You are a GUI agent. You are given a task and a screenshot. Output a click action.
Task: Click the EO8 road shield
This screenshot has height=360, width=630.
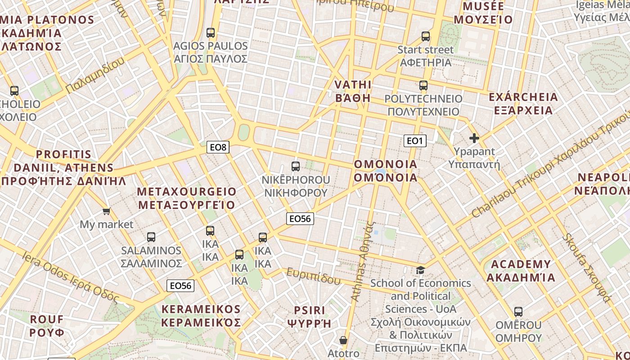(218, 147)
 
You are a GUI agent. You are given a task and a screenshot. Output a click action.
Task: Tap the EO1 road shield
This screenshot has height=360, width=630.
(414, 141)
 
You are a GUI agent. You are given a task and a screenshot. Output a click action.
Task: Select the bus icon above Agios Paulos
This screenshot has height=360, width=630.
(211, 33)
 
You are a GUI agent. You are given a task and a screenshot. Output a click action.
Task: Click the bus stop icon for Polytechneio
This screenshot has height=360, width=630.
(423, 85)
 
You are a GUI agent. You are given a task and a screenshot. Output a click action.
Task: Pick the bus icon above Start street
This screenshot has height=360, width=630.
(426, 36)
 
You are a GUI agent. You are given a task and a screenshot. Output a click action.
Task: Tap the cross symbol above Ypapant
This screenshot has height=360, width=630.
(474, 138)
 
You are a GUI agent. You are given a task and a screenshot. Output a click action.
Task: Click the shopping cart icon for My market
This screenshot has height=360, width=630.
(106, 211)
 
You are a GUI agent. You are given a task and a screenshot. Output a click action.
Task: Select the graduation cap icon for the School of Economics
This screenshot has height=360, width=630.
(420, 270)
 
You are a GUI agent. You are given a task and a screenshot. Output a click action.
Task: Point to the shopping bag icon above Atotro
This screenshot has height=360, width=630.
(343, 340)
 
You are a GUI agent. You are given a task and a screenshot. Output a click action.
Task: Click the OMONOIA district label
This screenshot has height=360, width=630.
(386, 171)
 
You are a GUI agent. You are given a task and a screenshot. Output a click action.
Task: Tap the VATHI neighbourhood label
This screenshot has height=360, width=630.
(353, 91)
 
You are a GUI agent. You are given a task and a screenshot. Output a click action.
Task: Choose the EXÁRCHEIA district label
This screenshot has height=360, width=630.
(523, 104)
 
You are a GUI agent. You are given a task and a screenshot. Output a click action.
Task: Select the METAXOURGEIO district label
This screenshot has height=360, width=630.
(186, 198)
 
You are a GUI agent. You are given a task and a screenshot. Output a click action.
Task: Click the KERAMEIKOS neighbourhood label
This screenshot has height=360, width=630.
(201, 316)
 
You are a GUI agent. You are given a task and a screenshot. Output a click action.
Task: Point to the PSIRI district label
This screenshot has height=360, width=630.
(309, 317)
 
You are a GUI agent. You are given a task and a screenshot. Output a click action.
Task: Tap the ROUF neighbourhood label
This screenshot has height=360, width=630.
(47, 326)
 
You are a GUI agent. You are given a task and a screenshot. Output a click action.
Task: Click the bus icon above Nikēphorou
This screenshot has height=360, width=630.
(296, 166)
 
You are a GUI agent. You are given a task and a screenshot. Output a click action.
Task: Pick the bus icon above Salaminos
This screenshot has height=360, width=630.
(151, 237)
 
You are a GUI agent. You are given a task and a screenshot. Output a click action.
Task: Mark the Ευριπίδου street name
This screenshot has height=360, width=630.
(314, 276)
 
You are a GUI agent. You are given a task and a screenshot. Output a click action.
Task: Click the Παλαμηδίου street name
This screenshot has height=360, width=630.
(95, 76)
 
